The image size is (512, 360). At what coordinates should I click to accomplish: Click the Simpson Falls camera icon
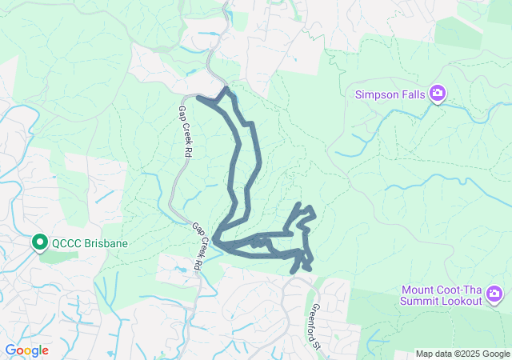point(437,94)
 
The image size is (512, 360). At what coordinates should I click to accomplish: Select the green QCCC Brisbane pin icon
point(39,242)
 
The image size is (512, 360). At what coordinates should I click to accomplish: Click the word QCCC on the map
point(69,242)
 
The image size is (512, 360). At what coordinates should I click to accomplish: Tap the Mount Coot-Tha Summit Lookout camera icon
point(494,295)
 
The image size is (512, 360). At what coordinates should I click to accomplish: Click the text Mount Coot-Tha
point(441,290)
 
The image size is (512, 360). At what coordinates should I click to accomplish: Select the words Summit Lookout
point(441,302)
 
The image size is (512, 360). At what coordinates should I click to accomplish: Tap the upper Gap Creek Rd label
point(186,129)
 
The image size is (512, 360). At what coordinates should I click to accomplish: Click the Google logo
point(26,350)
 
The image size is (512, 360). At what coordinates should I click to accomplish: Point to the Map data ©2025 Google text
point(462,354)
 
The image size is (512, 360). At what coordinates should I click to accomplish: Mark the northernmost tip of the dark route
point(226,89)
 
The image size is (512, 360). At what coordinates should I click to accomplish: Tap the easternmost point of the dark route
point(314,214)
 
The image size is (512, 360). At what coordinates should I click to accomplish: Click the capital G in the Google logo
point(10,350)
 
